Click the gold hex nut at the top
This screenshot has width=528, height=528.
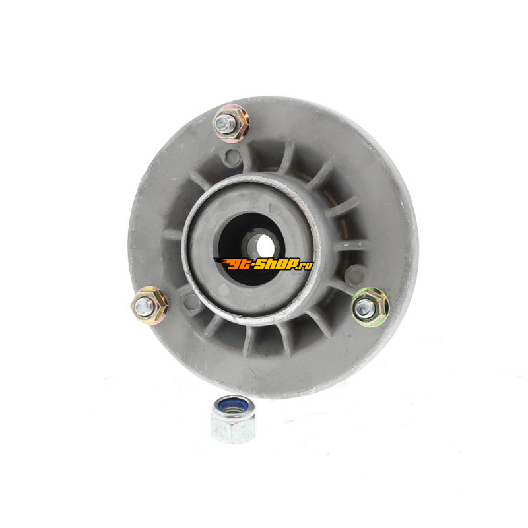click(x=232, y=122)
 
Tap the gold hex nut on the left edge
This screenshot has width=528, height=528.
click(x=150, y=305)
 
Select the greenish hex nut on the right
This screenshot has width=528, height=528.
click(x=370, y=306)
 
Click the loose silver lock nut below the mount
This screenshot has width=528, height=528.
click(x=233, y=419)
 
